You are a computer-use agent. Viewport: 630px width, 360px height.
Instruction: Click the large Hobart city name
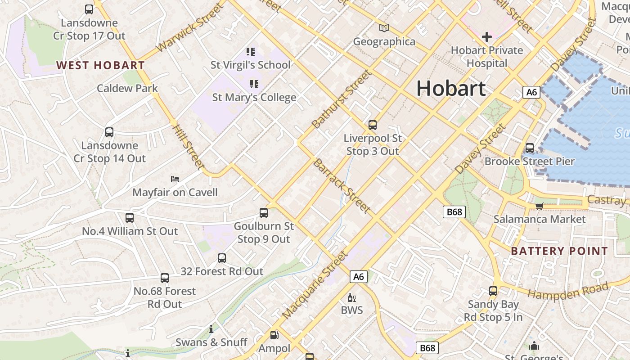click(450, 88)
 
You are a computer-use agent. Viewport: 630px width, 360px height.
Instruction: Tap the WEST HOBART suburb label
click(100, 65)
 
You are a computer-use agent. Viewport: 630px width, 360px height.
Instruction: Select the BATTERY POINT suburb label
click(559, 251)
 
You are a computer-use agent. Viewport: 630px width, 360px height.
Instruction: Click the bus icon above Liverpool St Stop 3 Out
click(373, 125)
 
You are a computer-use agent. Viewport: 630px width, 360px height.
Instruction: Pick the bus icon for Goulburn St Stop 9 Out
click(264, 213)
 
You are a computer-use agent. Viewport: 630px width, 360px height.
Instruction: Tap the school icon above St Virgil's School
click(251, 52)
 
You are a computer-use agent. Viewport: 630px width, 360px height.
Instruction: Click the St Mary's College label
click(254, 97)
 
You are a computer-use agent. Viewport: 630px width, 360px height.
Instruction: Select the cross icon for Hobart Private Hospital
click(486, 37)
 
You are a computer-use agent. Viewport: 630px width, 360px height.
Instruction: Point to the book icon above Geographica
click(384, 28)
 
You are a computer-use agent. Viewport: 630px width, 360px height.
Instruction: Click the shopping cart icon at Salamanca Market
click(539, 206)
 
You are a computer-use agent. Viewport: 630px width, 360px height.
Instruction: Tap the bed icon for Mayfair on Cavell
click(175, 179)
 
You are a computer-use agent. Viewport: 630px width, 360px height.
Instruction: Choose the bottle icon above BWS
click(351, 297)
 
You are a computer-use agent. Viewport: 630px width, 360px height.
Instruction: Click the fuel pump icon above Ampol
click(274, 335)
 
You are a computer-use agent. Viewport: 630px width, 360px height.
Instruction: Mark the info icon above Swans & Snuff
click(211, 329)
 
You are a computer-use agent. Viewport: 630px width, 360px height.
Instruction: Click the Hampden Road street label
click(568, 291)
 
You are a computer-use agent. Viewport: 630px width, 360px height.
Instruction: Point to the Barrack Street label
click(342, 186)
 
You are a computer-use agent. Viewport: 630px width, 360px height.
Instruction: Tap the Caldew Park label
click(127, 88)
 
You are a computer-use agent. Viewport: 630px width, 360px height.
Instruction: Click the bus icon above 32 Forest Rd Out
click(222, 258)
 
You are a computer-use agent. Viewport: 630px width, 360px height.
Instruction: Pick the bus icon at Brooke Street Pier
click(530, 148)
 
